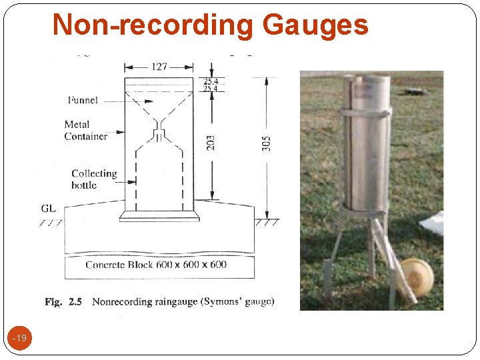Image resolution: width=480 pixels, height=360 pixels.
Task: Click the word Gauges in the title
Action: [x=315, y=25]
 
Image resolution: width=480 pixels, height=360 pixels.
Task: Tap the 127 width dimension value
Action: [x=159, y=67]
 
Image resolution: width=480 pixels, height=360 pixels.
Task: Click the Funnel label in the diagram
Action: [x=83, y=100]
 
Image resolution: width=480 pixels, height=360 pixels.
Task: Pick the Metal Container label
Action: [x=85, y=130]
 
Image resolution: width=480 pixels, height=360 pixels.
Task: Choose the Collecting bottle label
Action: [x=93, y=179]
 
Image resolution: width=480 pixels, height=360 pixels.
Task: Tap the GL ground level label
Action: [x=48, y=209]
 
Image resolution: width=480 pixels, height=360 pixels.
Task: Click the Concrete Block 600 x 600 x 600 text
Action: [x=155, y=265]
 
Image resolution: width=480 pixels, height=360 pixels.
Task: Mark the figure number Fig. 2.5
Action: [x=63, y=302]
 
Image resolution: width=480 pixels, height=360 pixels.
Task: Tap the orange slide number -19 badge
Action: [x=21, y=339]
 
